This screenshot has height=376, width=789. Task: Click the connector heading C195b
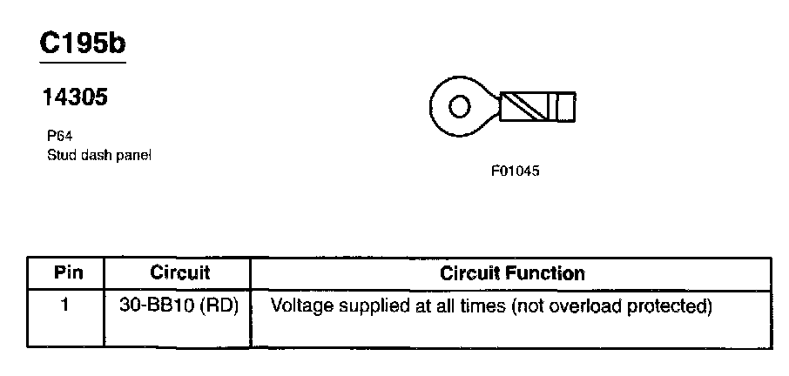coord(83,45)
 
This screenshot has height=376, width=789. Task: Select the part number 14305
coord(75,98)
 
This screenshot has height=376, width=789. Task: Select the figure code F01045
coord(515,171)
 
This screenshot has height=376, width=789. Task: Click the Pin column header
coord(69,272)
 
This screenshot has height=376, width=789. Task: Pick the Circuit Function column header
coord(513,272)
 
